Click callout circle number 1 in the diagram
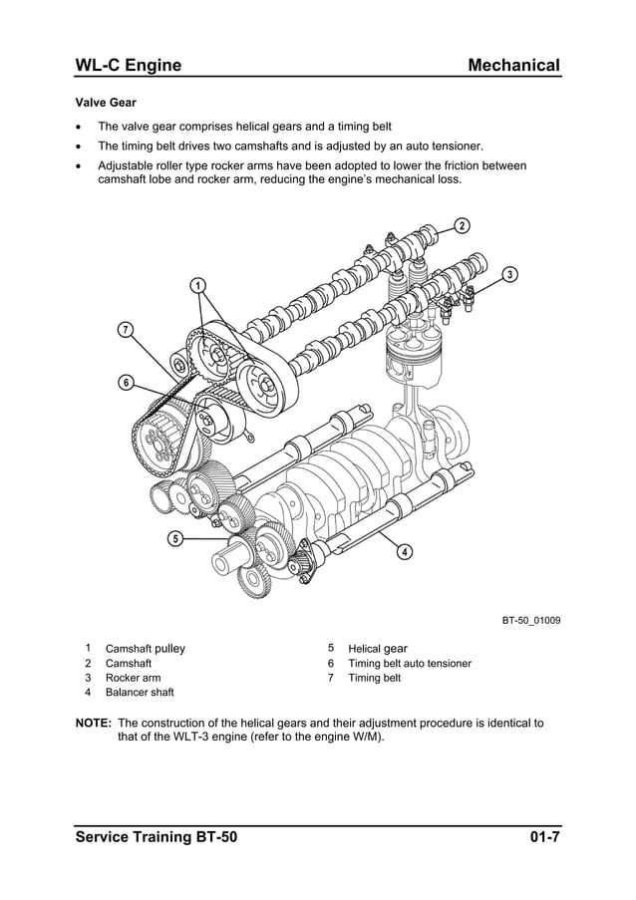(198, 286)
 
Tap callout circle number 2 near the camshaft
(462, 224)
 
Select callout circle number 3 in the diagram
(509, 274)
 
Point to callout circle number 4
(405, 552)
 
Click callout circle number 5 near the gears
(174, 539)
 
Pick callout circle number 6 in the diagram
(126, 382)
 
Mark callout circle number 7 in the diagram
(126, 329)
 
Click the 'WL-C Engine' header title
(129, 66)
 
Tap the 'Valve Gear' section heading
(106, 102)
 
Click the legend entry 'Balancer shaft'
(140, 692)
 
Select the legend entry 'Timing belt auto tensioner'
(409, 663)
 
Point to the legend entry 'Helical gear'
(377, 648)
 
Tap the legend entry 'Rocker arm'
(133, 678)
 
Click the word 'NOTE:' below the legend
(94, 723)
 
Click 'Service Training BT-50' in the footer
(157, 835)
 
